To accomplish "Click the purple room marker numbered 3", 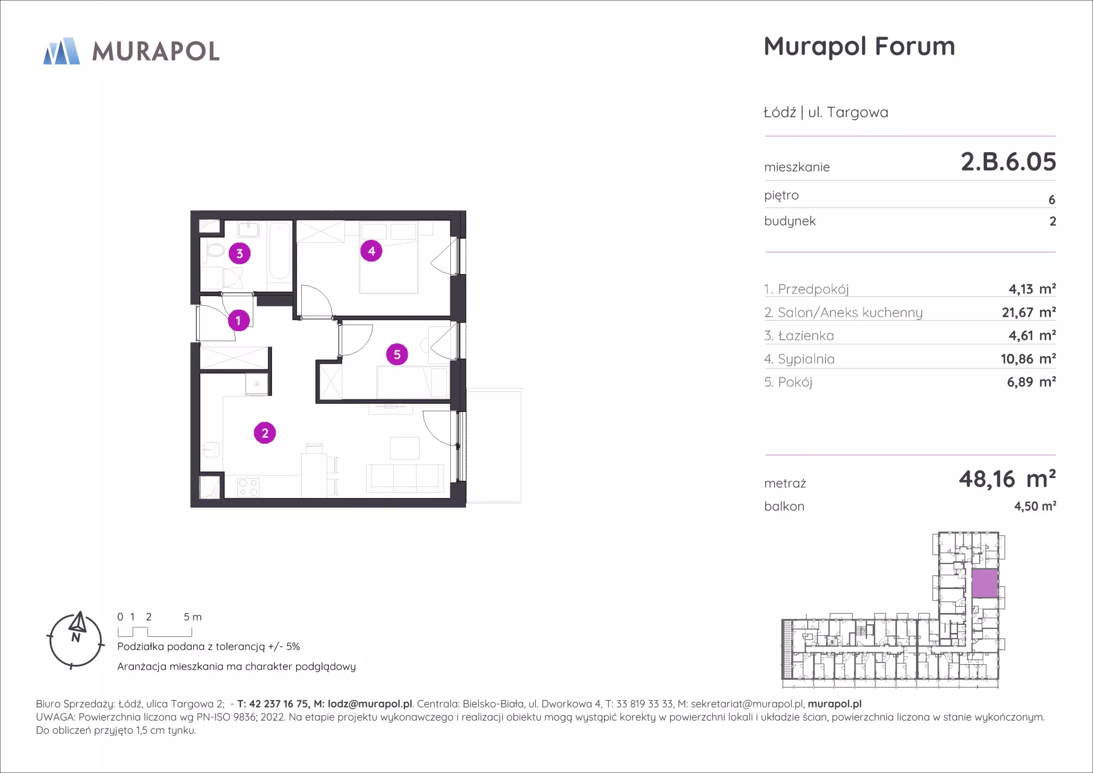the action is [240, 253].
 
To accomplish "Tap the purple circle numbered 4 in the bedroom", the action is [371, 251].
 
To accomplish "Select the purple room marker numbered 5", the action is [397, 354].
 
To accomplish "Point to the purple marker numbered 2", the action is [265, 433].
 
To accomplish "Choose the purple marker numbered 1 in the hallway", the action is [239, 320].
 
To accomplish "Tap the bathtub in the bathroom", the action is [280, 251].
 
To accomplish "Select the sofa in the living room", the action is [405, 478].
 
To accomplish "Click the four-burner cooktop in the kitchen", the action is [248, 488].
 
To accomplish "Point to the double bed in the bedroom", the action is [389, 258].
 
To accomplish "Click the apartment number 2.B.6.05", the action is [1008, 162].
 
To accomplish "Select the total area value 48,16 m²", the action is [1007, 479].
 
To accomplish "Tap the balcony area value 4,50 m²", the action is [1035, 506].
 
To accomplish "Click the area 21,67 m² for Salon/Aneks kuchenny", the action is [1029, 312].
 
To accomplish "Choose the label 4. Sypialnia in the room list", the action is [799, 359].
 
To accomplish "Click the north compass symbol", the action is [76, 640].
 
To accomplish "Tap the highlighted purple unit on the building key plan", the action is [984, 583].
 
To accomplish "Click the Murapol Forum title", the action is [859, 47].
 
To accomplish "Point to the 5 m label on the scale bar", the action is [192, 617].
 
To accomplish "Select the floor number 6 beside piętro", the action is [1051, 200].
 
